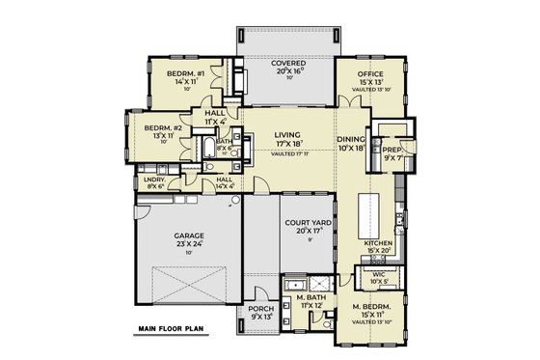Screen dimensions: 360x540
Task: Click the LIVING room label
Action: [x=287, y=135]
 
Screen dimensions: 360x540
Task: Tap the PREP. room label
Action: [x=392, y=151]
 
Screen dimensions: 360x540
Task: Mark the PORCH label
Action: [x=261, y=310]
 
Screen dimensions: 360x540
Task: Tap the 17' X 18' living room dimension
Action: [x=287, y=146]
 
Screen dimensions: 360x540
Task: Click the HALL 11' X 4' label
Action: [x=215, y=115]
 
